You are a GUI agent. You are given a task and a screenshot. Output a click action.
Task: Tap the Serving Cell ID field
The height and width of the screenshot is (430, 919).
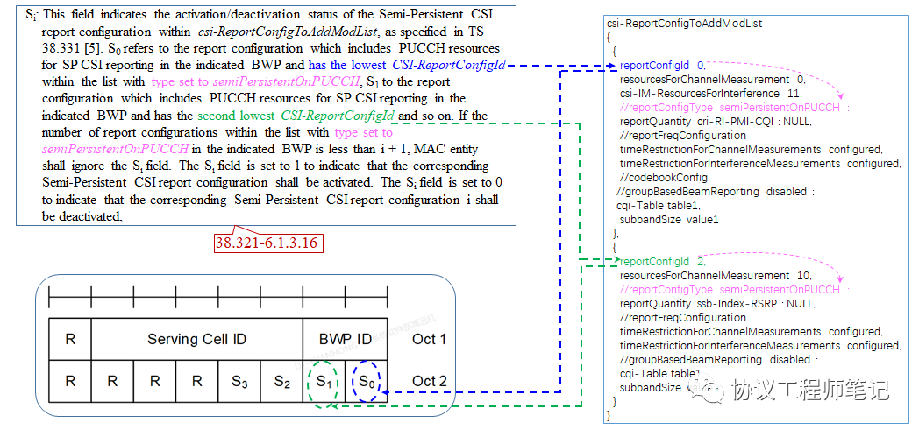[x=196, y=339]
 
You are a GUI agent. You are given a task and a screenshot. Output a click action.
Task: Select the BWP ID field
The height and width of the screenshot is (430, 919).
[x=345, y=339]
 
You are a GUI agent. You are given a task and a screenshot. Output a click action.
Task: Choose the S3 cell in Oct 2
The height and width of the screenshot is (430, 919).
[x=239, y=382]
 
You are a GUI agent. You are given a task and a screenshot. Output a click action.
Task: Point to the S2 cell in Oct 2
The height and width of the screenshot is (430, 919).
[x=281, y=382]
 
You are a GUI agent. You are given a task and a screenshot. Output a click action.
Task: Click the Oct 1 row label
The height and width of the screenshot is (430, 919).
[x=429, y=339]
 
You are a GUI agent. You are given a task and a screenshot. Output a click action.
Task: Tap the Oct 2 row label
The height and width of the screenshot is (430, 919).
[x=429, y=382]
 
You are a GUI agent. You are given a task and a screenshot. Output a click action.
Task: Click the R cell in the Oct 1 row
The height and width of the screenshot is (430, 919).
[x=70, y=339]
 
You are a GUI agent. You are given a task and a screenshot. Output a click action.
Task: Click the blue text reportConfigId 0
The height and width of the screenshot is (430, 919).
[x=661, y=66]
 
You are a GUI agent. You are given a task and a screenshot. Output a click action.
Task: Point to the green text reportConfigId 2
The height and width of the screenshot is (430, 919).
[x=661, y=262]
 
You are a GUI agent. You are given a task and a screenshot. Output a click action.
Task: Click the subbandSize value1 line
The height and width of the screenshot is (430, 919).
[x=668, y=219]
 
